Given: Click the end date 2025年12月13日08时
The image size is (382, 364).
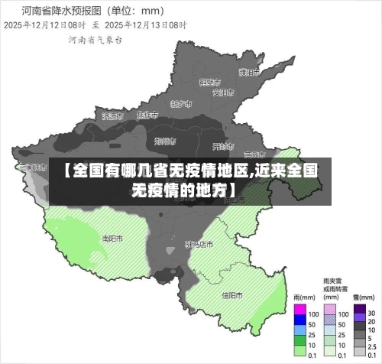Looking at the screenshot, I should (145, 25).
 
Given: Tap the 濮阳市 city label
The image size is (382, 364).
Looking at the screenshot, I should (247, 73).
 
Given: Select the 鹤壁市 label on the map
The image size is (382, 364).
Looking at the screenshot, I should (209, 82).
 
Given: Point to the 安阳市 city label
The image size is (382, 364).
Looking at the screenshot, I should (222, 93).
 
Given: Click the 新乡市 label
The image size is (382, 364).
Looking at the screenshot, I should (181, 103).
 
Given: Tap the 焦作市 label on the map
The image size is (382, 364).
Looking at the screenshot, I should (147, 115).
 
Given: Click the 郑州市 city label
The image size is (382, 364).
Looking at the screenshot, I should (165, 141).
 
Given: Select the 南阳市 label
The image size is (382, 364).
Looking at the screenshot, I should (112, 238).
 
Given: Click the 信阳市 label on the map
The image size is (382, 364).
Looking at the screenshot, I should (232, 294).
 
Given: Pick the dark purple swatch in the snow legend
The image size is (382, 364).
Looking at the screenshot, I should (359, 314).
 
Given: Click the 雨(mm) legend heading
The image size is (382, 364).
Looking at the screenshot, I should (305, 297).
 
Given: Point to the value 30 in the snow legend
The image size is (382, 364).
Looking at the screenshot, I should (371, 314).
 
